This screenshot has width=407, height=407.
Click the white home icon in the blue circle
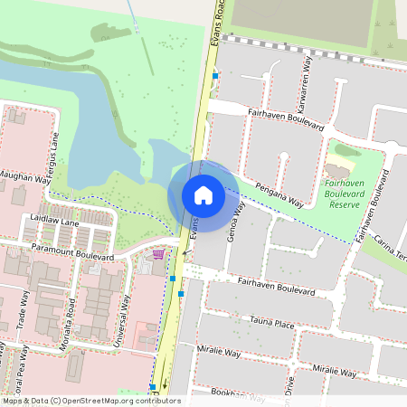click(x=203, y=194)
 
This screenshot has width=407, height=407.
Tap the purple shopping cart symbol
click(x=159, y=254)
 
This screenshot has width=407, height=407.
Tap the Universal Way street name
click(x=125, y=311)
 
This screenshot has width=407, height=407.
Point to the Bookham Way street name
click(x=227, y=394)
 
